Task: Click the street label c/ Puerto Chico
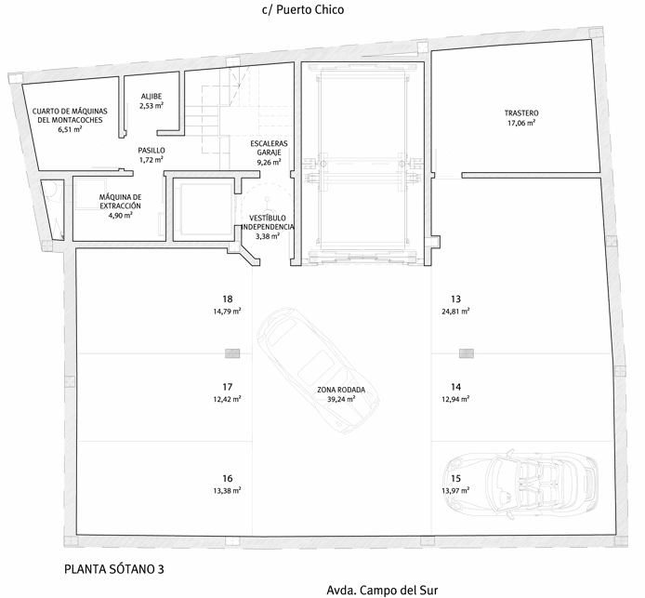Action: click(303, 10)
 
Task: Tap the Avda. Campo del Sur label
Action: click(382, 591)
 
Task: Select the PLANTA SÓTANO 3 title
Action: click(114, 569)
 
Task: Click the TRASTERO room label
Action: click(521, 113)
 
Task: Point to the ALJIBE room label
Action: click(151, 97)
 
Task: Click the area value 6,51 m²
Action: click(70, 129)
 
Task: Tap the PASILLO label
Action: click(151, 151)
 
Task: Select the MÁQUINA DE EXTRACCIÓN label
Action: click(120, 202)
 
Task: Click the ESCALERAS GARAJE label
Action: click(269, 148)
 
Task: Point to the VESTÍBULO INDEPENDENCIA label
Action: click(268, 222)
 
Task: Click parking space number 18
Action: click(227, 299)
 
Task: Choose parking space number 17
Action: click(227, 387)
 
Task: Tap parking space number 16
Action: click(228, 478)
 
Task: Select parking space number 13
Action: click(455, 299)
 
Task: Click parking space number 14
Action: click(455, 387)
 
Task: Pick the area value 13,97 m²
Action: click(455, 490)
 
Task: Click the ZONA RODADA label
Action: click(341, 390)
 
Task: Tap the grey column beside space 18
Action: click(232, 353)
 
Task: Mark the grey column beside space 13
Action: click(467, 353)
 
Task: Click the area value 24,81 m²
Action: click(455, 312)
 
